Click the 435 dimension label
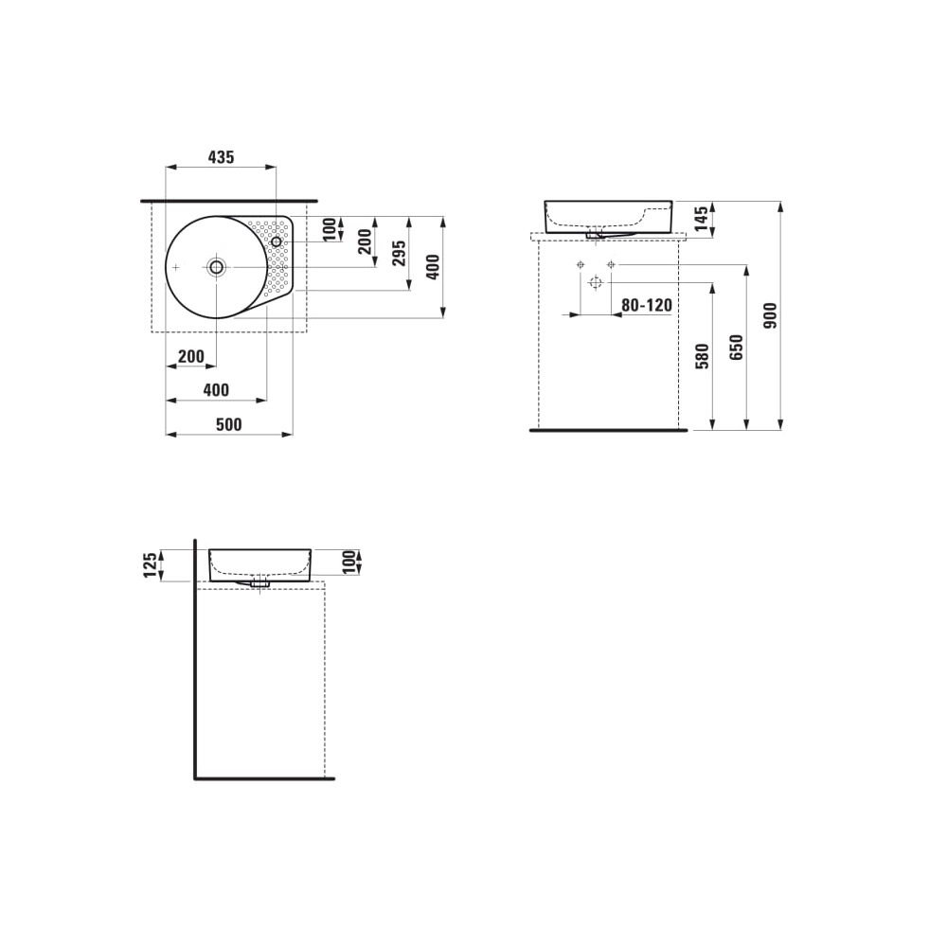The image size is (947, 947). point(221,157)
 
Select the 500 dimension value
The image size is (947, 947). point(228,425)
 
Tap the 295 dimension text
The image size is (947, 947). point(400,252)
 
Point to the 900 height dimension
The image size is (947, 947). point(770,315)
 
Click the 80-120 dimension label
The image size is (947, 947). point(646,305)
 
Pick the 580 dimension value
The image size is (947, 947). point(702,355)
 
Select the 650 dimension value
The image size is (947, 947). point(738,347)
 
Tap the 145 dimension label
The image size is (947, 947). point(702,220)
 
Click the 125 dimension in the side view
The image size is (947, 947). point(150,565)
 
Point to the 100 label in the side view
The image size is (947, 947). point(348,561)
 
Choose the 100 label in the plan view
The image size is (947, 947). point(329,228)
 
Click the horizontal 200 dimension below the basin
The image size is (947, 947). point(190,356)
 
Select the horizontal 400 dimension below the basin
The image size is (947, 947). point(216,390)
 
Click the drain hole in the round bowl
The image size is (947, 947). point(217,268)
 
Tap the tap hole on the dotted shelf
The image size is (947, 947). point(277,242)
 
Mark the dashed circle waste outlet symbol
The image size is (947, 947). point(595,282)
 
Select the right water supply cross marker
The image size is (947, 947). point(611,263)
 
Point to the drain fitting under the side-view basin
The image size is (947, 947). point(259,582)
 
